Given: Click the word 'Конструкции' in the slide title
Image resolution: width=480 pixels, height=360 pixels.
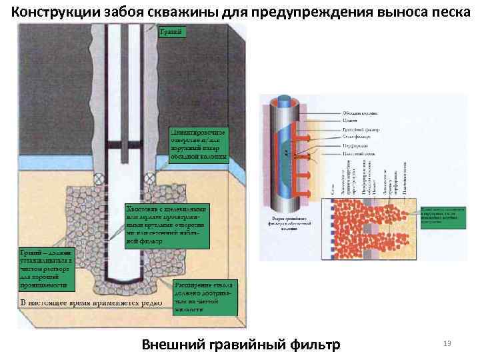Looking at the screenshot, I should pos(53,12).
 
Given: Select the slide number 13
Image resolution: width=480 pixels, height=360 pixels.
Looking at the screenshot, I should pos(447,343).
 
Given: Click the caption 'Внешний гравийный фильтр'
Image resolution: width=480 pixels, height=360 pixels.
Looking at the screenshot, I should pos(241,344).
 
